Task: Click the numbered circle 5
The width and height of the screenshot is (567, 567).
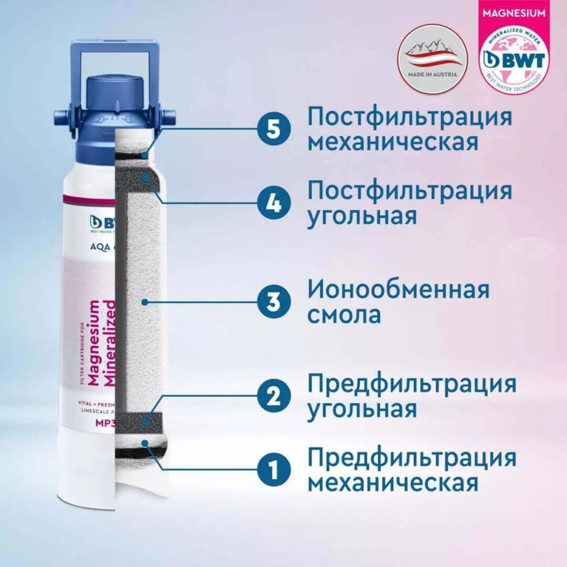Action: click(273, 129)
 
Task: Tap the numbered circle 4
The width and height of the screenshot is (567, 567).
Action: click(273, 203)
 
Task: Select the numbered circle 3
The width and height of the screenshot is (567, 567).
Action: click(273, 302)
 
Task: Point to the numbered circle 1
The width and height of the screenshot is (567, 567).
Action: click(273, 470)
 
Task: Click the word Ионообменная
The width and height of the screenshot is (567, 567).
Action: click(398, 290)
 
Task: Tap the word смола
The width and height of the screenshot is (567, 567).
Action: click(344, 314)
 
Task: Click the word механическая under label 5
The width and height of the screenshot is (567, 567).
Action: click(391, 142)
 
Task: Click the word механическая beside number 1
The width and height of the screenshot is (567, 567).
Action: click(391, 483)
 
